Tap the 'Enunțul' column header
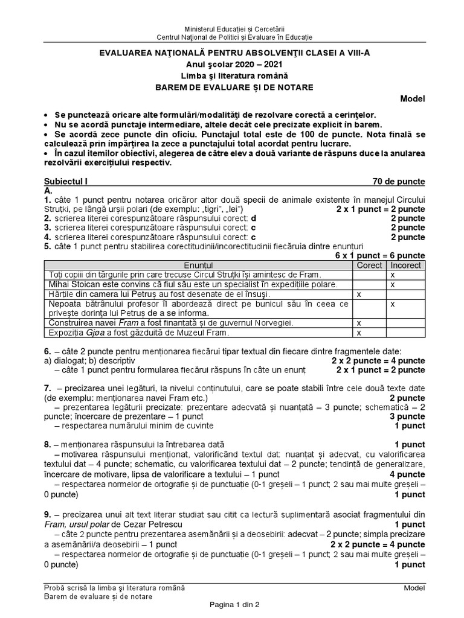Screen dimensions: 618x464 coord(199,265)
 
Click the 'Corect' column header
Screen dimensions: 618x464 coord(370,265)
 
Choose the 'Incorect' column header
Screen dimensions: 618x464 coord(405,265)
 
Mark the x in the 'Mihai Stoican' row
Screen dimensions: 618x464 coord(393,284)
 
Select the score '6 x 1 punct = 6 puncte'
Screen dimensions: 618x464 coord(380,256)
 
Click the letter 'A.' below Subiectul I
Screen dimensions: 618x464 coord(48,190)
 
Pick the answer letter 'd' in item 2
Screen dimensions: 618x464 coord(254,218)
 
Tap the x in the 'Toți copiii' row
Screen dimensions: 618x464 coord(393,275)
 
